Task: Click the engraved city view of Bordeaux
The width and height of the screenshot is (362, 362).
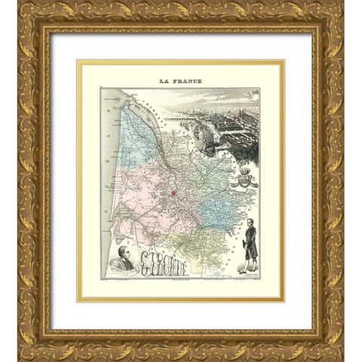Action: pyautogui.click(x=226, y=121)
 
